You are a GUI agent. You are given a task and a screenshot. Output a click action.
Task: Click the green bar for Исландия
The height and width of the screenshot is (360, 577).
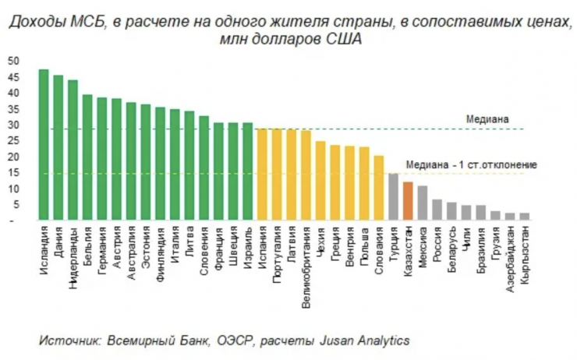tap(44, 145)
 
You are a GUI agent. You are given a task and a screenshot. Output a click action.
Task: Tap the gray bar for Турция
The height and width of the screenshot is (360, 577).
tap(393, 197)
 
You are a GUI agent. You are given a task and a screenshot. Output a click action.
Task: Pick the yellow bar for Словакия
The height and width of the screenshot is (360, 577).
tap(378, 189)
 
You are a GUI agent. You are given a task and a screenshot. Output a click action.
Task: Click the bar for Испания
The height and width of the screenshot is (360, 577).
tap(262, 175)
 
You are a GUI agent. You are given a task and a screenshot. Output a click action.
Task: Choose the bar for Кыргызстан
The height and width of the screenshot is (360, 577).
tap(524, 217)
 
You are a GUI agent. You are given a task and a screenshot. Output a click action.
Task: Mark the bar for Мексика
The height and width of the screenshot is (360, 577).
tap(422, 203)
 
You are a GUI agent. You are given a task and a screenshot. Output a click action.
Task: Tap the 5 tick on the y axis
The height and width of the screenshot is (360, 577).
tap(12, 206)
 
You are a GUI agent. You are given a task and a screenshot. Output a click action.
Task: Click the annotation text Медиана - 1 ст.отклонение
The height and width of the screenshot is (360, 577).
tap(471, 164)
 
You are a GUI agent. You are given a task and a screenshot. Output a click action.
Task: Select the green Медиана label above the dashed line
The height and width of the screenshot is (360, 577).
tap(487, 119)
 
